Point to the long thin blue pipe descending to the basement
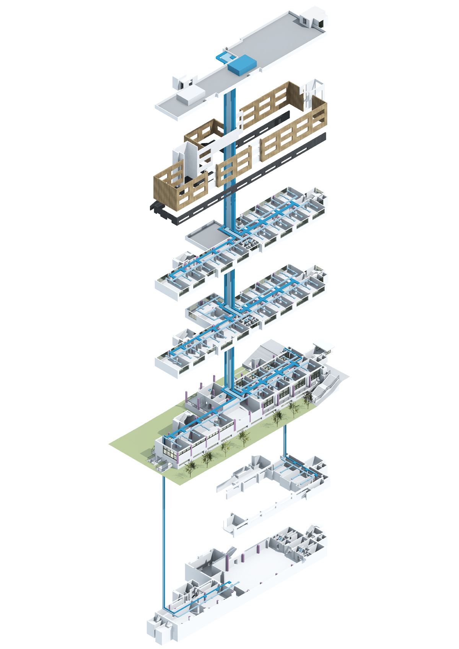pos(164,535)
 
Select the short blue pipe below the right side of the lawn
pos(285,440)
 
